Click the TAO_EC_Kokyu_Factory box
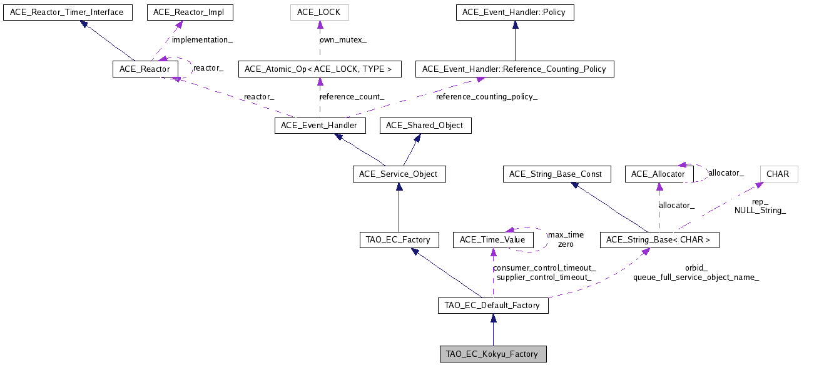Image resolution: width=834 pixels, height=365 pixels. tap(493, 354)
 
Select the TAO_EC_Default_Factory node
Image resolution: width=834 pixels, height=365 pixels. tap(493, 306)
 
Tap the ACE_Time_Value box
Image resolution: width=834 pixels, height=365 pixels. tap(493, 239)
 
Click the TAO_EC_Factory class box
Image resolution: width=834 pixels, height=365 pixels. tap(399, 239)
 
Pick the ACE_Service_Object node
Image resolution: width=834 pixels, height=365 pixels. tap(399, 174)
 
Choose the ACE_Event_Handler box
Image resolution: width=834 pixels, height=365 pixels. tap(319, 126)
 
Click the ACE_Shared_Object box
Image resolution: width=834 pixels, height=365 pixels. tap(425, 126)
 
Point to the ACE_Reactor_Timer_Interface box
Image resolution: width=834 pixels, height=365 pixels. tap(68, 12)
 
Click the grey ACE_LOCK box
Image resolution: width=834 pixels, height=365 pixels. tap(319, 12)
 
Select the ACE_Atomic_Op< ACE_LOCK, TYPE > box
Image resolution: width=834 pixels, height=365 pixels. tap(319, 69)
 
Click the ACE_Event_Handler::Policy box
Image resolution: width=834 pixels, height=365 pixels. tap(514, 12)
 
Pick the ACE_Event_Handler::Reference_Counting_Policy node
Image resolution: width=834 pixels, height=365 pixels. tap(514, 69)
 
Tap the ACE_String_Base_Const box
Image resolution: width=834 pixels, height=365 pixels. tap(556, 174)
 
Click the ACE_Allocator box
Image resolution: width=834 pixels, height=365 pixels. tap(658, 174)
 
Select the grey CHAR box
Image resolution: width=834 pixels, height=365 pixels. tap(778, 174)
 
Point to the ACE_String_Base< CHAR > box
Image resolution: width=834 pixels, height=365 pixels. tap(659, 239)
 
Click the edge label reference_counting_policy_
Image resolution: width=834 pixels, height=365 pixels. tap(486, 97)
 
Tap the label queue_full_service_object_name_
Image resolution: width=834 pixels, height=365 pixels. tap(696, 277)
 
